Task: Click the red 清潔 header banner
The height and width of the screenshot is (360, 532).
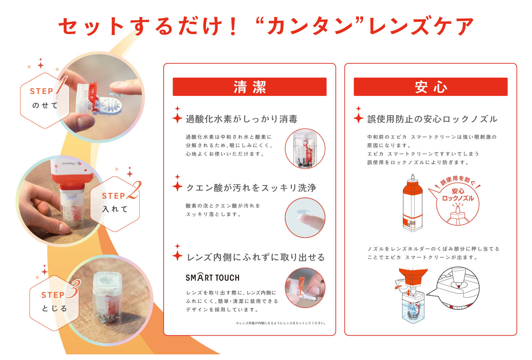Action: [x=250, y=87]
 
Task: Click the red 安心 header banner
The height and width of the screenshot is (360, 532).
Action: [x=431, y=87]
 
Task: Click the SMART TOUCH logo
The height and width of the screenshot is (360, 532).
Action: [x=213, y=277]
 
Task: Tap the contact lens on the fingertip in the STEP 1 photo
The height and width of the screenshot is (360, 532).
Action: [x=115, y=94]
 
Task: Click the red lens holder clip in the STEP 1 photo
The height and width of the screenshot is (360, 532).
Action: [x=94, y=95]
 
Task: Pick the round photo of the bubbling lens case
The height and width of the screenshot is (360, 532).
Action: [x=305, y=149]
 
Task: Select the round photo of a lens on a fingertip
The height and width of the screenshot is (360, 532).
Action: [x=305, y=218]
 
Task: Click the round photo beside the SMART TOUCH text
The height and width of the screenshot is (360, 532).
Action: [x=305, y=288]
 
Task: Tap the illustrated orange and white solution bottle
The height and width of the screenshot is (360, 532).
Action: [x=412, y=203]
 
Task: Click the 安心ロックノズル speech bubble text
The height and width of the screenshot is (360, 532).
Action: [x=458, y=195]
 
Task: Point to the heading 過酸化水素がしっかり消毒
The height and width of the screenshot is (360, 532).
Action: [x=242, y=119]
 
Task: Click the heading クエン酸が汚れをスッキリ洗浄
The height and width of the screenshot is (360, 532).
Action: [x=251, y=188]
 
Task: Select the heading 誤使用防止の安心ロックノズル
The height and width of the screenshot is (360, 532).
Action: [x=432, y=119]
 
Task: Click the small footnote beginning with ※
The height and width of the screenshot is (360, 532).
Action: [x=281, y=323]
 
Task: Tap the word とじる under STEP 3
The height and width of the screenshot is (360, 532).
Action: [x=54, y=308]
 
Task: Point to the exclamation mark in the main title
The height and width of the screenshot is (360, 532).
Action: [x=233, y=26]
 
